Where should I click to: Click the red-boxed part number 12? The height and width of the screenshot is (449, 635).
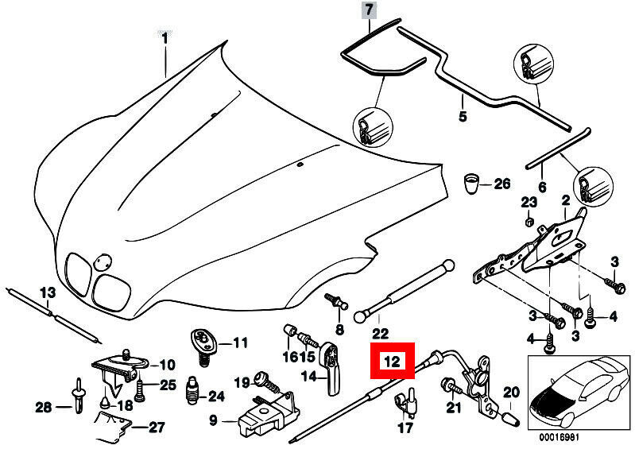tap(392, 362)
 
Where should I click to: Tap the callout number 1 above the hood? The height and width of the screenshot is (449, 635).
tap(165, 38)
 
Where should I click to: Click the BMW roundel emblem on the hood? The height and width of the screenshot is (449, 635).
tap(103, 262)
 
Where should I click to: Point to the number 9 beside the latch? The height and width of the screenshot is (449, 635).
tap(214, 419)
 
